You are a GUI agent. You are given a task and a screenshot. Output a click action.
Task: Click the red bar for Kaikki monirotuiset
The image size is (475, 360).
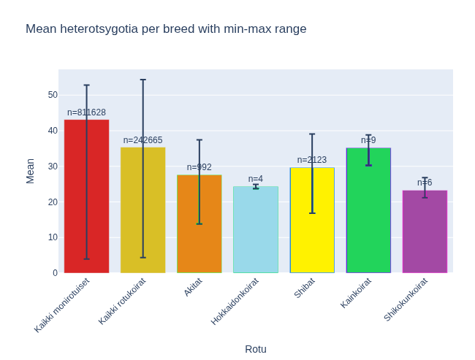(x=86, y=197)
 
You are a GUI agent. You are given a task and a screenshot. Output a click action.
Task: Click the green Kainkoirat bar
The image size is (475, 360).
(x=368, y=211)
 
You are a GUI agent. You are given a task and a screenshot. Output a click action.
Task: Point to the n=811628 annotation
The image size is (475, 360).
(x=86, y=112)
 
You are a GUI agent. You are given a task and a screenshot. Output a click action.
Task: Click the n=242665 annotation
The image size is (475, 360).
(x=142, y=140)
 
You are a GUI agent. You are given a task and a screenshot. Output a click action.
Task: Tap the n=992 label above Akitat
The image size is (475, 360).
(x=199, y=167)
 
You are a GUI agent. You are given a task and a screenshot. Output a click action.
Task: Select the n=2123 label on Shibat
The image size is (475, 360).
(x=312, y=160)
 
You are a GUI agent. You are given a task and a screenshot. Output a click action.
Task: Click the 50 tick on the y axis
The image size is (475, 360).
(x=53, y=95)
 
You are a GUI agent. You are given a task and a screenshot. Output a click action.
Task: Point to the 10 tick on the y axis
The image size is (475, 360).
(x=53, y=237)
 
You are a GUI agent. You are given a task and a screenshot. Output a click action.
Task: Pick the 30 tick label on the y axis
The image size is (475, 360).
(x=53, y=166)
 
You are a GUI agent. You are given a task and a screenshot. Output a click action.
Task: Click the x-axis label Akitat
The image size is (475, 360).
(x=193, y=286)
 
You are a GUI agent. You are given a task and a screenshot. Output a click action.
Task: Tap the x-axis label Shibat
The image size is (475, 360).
(x=305, y=287)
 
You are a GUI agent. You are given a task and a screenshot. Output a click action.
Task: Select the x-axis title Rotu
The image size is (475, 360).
(x=256, y=349)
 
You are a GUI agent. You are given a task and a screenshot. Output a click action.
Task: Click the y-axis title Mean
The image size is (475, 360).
(x=30, y=171)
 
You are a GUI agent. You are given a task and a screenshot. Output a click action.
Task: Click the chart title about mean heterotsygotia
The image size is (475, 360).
(x=166, y=29)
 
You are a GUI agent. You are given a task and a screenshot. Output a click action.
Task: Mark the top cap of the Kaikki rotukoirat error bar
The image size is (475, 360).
(x=142, y=80)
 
